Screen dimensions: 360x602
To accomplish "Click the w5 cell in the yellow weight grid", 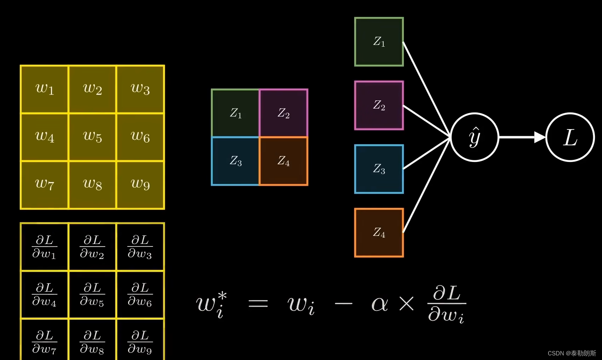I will [x=92, y=137].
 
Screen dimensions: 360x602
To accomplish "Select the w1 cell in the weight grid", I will [x=45, y=89].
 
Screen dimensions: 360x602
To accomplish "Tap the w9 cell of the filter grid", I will [x=140, y=185].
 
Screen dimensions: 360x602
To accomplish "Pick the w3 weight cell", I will [x=140, y=89].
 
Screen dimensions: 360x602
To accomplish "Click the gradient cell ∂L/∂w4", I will [x=45, y=295].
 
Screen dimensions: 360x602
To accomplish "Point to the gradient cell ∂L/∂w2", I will [x=92, y=247].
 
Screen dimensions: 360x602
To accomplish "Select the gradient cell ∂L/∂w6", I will [x=140, y=295].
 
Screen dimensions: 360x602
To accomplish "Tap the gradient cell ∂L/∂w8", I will [x=92, y=342].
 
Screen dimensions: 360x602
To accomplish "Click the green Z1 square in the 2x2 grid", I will [x=235, y=113].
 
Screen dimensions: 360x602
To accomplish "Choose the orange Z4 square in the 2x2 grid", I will [x=283, y=161].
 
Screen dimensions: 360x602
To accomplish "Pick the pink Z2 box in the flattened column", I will [x=379, y=105].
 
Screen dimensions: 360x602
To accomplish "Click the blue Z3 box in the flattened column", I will [x=379, y=169].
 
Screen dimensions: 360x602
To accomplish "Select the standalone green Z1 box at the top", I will [x=379, y=42].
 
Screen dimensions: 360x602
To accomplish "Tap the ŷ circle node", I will [x=474, y=137].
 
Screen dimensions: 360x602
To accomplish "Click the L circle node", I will [x=570, y=137].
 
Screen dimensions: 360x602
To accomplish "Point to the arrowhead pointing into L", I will [x=540, y=137].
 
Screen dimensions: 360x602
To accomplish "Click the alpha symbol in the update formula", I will [x=380, y=304].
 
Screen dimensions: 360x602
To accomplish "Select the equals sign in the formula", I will [x=258, y=303].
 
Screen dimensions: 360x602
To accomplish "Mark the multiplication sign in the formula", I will [x=406, y=303].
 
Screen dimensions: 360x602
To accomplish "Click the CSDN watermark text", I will [x=572, y=353].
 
